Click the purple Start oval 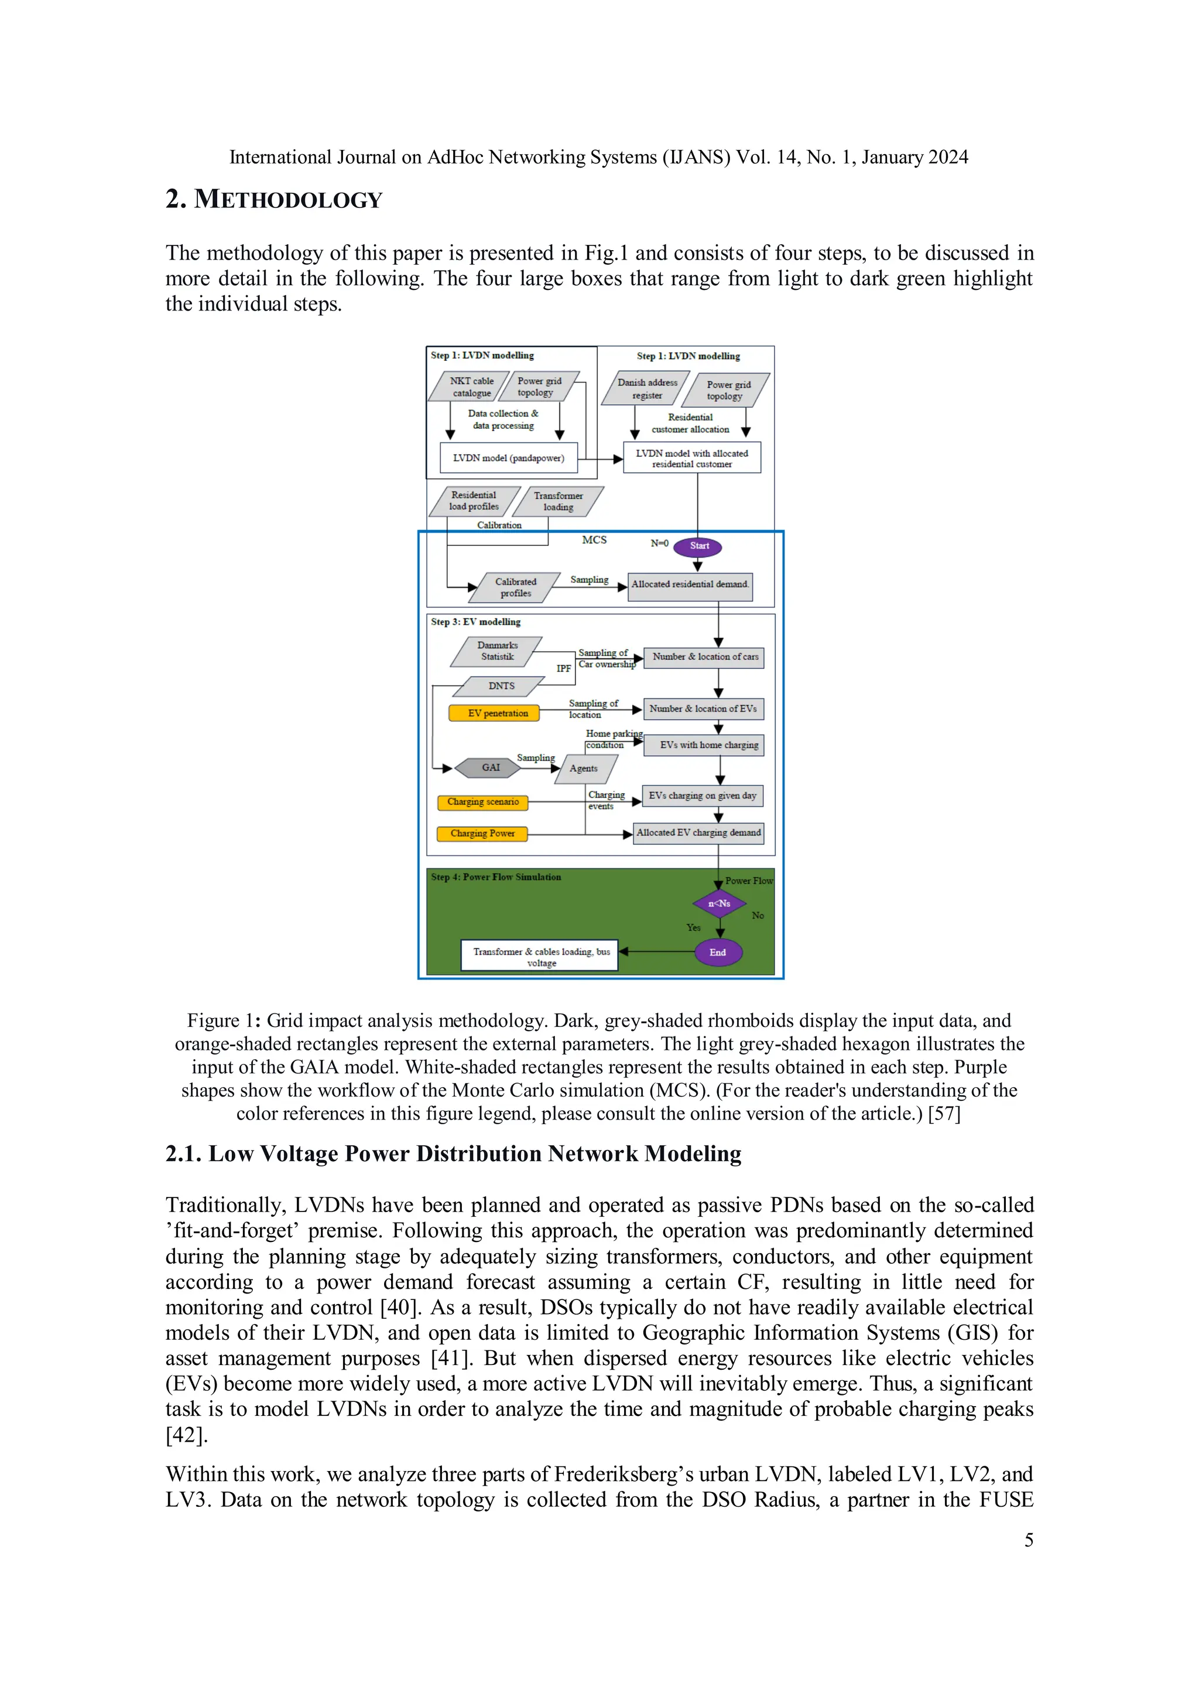(698, 547)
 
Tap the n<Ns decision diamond (719, 903)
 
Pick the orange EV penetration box (494, 714)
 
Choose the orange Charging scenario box (483, 802)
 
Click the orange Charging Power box (482, 834)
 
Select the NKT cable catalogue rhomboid (471, 387)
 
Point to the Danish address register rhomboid (647, 389)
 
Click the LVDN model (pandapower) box (509, 458)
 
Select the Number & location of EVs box (703, 709)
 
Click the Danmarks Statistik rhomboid (497, 651)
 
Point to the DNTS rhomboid (501, 686)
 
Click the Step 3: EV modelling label (475, 622)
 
